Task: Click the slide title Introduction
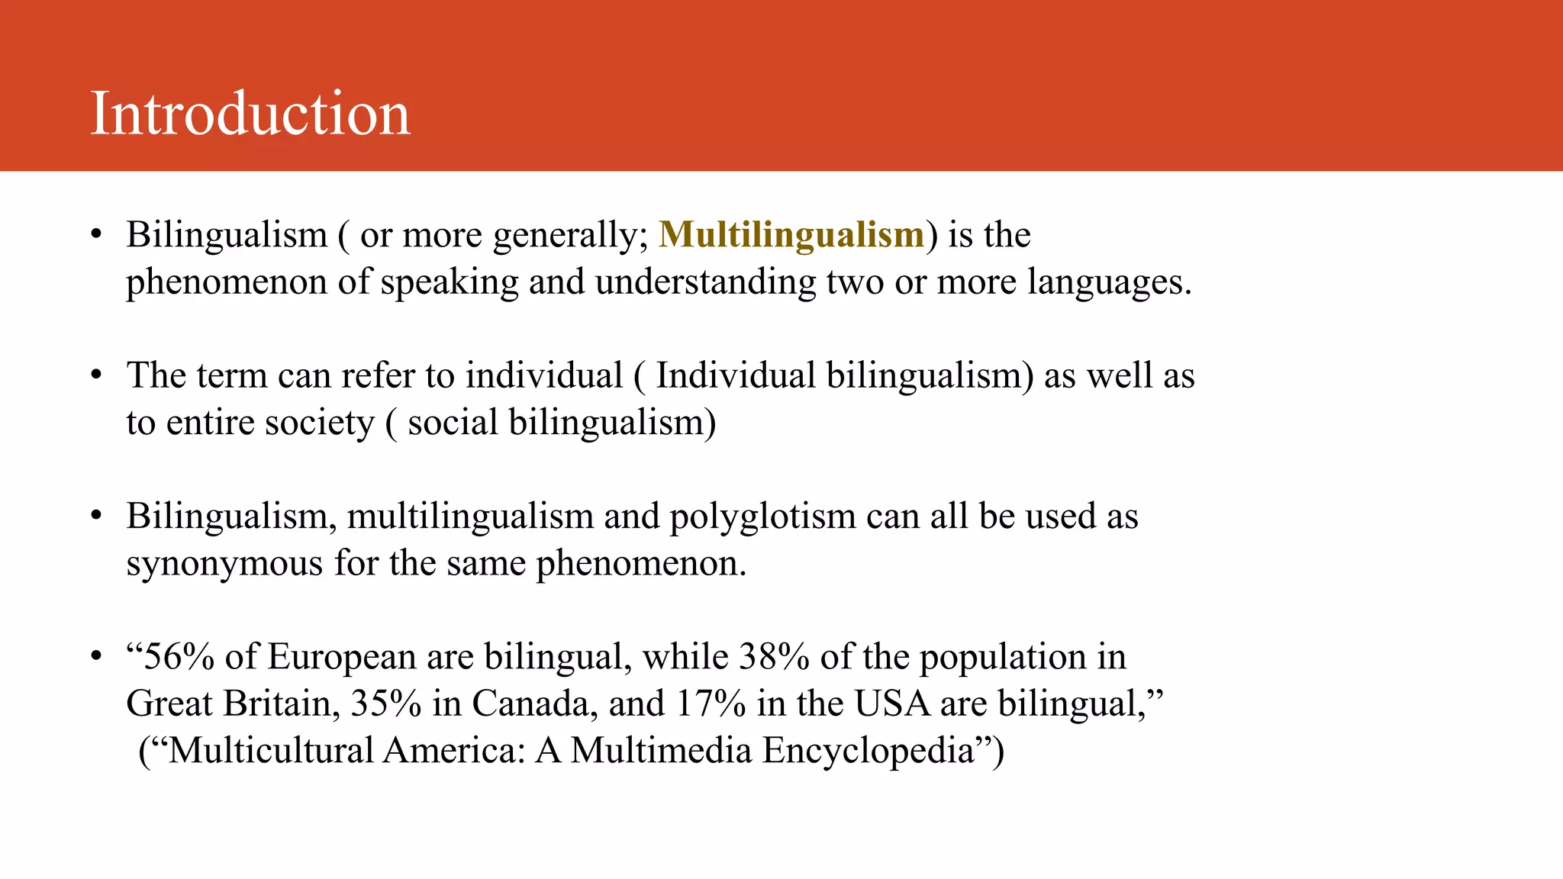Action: click(250, 114)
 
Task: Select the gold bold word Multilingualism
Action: click(791, 234)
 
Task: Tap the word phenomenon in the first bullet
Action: click(227, 282)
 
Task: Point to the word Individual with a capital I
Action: click(735, 375)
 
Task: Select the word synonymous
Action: click(224, 564)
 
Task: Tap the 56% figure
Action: click(179, 657)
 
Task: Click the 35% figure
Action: click(385, 704)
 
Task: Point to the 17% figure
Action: click(710, 704)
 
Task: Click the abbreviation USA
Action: click(891, 704)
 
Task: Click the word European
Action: click(341, 657)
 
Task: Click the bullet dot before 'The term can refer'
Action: click(96, 375)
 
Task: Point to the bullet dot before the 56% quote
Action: click(96, 657)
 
